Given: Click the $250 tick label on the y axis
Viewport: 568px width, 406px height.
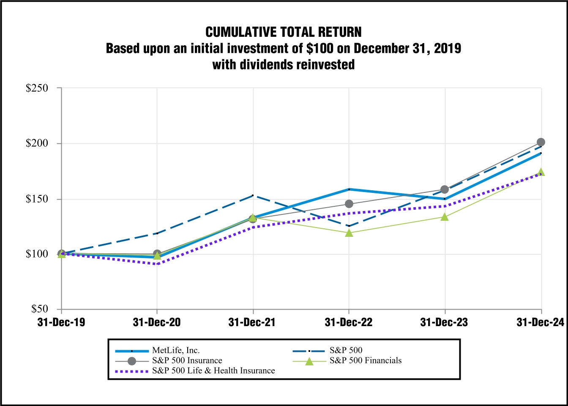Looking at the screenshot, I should click(x=37, y=88).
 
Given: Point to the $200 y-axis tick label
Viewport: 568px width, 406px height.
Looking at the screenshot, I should click(x=37, y=143).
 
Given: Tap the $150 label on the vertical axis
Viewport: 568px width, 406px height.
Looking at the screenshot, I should click(x=37, y=199).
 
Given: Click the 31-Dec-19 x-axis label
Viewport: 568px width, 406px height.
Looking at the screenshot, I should click(x=61, y=323).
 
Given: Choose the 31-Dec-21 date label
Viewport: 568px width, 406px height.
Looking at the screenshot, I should click(x=252, y=323).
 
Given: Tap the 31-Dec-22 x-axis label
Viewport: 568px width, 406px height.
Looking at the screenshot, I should click(x=349, y=323).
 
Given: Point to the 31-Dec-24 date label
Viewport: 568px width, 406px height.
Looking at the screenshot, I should click(x=540, y=323).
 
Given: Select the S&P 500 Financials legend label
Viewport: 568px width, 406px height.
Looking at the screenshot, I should click(x=366, y=361).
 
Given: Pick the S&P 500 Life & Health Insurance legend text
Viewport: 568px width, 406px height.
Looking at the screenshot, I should click(x=213, y=371).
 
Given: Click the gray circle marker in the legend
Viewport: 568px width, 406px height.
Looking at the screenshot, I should click(x=132, y=361).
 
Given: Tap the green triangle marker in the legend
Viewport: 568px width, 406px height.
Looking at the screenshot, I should click(x=309, y=361).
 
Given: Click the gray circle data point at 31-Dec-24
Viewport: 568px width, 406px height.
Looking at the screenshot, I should click(x=541, y=142).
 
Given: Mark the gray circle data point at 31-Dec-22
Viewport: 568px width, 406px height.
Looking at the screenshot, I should click(x=349, y=204).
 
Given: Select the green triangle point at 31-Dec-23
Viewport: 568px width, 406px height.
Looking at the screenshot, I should click(x=445, y=217).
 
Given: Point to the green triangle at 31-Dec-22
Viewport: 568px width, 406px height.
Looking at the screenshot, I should click(x=349, y=233).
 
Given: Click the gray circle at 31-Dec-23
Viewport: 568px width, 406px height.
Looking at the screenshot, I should click(x=445, y=189).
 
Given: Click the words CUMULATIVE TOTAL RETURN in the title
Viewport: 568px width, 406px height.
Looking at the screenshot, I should click(x=284, y=32).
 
